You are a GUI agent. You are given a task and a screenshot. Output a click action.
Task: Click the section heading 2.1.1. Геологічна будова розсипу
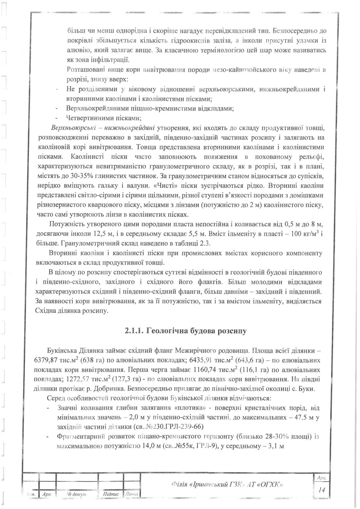pos(186,331)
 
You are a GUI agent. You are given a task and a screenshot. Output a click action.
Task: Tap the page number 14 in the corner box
pos(321,491)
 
